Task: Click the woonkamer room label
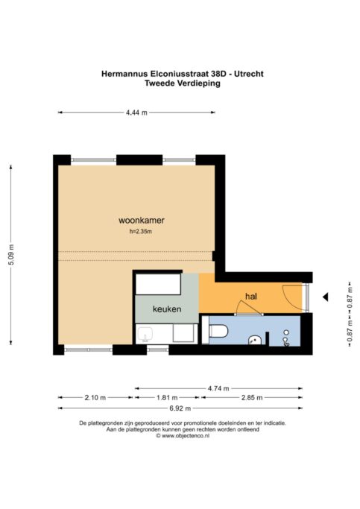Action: coord(141,221)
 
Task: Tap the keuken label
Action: coord(167,309)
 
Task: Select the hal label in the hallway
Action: coord(251,296)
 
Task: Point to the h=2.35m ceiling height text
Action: coord(141,232)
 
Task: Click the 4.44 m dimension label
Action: coord(136,113)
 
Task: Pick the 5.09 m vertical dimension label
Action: coord(11,255)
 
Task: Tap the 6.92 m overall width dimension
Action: coord(180,408)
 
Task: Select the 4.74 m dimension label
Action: coord(218,388)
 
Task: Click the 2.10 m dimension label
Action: coord(95,397)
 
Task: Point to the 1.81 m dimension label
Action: coord(167,397)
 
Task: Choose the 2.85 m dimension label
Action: coord(252,397)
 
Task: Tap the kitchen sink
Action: coord(145,335)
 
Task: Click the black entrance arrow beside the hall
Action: coord(325,297)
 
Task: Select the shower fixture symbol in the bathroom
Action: coord(286,338)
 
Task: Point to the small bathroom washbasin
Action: coord(255,340)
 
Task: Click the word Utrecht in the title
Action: coord(249,74)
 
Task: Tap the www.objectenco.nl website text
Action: coord(186,436)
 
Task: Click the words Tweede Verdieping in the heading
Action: coord(183,83)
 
